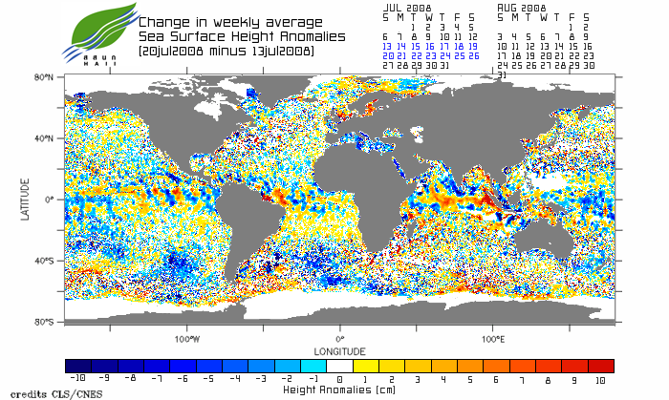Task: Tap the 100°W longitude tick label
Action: pyautogui.click(x=187, y=338)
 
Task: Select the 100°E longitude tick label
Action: pyautogui.click(x=492, y=338)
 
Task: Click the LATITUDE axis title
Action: pyautogui.click(x=26, y=199)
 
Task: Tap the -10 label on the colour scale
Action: pyautogui.click(x=79, y=379)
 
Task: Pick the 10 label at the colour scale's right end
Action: pyautogui.click(x=600, y=379)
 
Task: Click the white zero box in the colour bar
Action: pyautogui.click(x=339, y=366)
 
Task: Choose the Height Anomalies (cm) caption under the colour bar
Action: pyautogui.click(x=339, y=389)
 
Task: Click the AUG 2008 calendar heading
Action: pyautogui.click(x=522, y=7)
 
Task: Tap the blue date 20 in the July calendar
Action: pyautogui.click(x=387, y=55)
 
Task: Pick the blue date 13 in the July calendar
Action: pyautogui.click(x=387, y=46)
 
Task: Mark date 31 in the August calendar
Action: pyautogui.click(x=503, y=74)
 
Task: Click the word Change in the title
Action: pyautogui.click(x=162, y=21)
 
